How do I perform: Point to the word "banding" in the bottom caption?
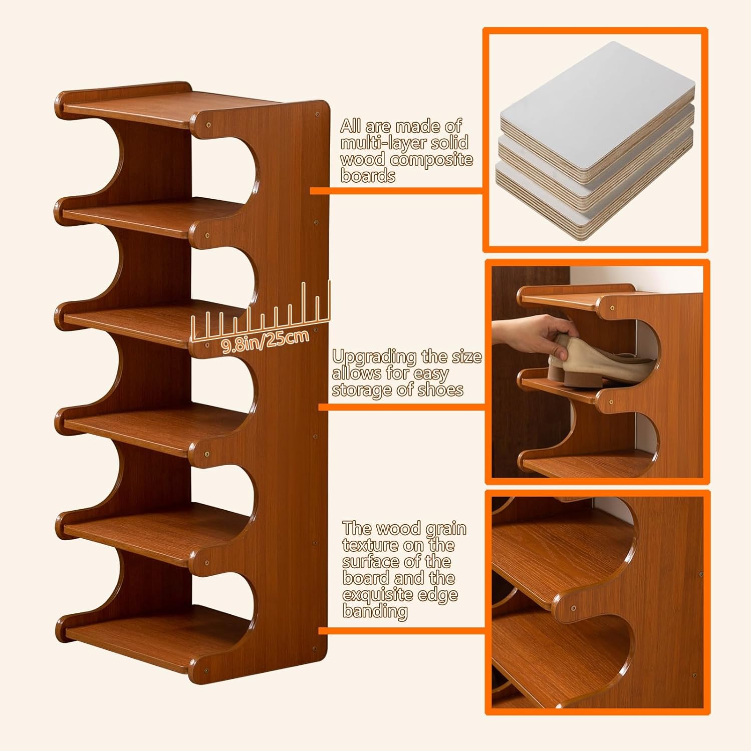tap(375, 611)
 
